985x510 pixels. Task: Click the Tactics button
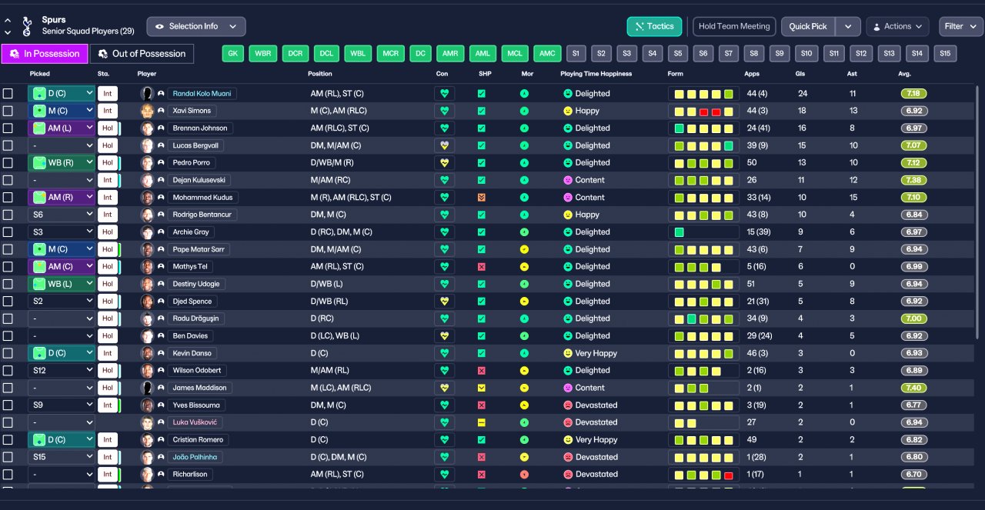[x=654, y=26]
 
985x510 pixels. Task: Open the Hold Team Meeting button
[x=734, y=26]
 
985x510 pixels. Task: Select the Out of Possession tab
[x=142, y=54]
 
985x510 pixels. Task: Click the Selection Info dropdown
[x=196, y=26]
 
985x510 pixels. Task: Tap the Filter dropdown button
[x=960, y=26]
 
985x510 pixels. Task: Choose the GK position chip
[x=233, y=54]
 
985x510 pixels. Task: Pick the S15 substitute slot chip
[x=944, y=54]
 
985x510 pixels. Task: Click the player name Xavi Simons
[x=192, y=111]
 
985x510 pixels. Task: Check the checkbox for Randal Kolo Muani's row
[x=8, y=94]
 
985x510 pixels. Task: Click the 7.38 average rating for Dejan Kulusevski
[x=913, y=180]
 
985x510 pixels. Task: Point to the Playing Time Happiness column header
[x=596, y=74]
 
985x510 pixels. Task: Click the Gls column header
[x=800, y=74]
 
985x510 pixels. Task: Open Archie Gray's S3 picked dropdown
[x=62, y=232]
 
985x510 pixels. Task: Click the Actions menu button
[x=897, y=26]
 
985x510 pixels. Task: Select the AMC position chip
[x=547, y=54]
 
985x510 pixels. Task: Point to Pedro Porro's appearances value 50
[x=752, y=163]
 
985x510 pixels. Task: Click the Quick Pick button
[x=808, y=26]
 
